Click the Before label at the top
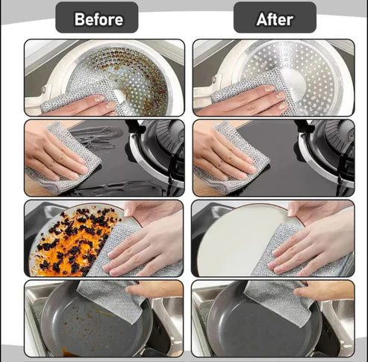coord(96,18)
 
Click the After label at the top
coord(274,18)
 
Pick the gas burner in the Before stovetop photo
coord(160,146)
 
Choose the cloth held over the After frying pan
coord(276,299)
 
